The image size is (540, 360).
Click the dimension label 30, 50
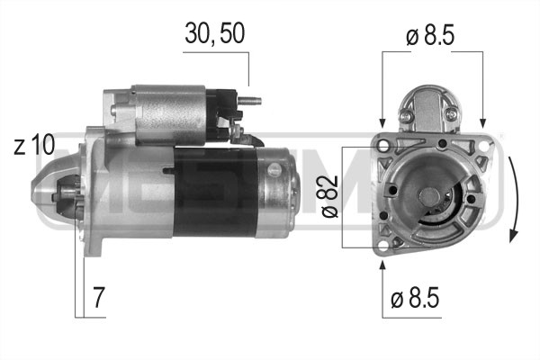point(214,33)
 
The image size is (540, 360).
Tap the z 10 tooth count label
point(34,145)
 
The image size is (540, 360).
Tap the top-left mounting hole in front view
point(382,144)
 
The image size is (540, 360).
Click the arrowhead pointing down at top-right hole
point(484,121)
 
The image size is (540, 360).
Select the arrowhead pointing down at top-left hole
point(382,121)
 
